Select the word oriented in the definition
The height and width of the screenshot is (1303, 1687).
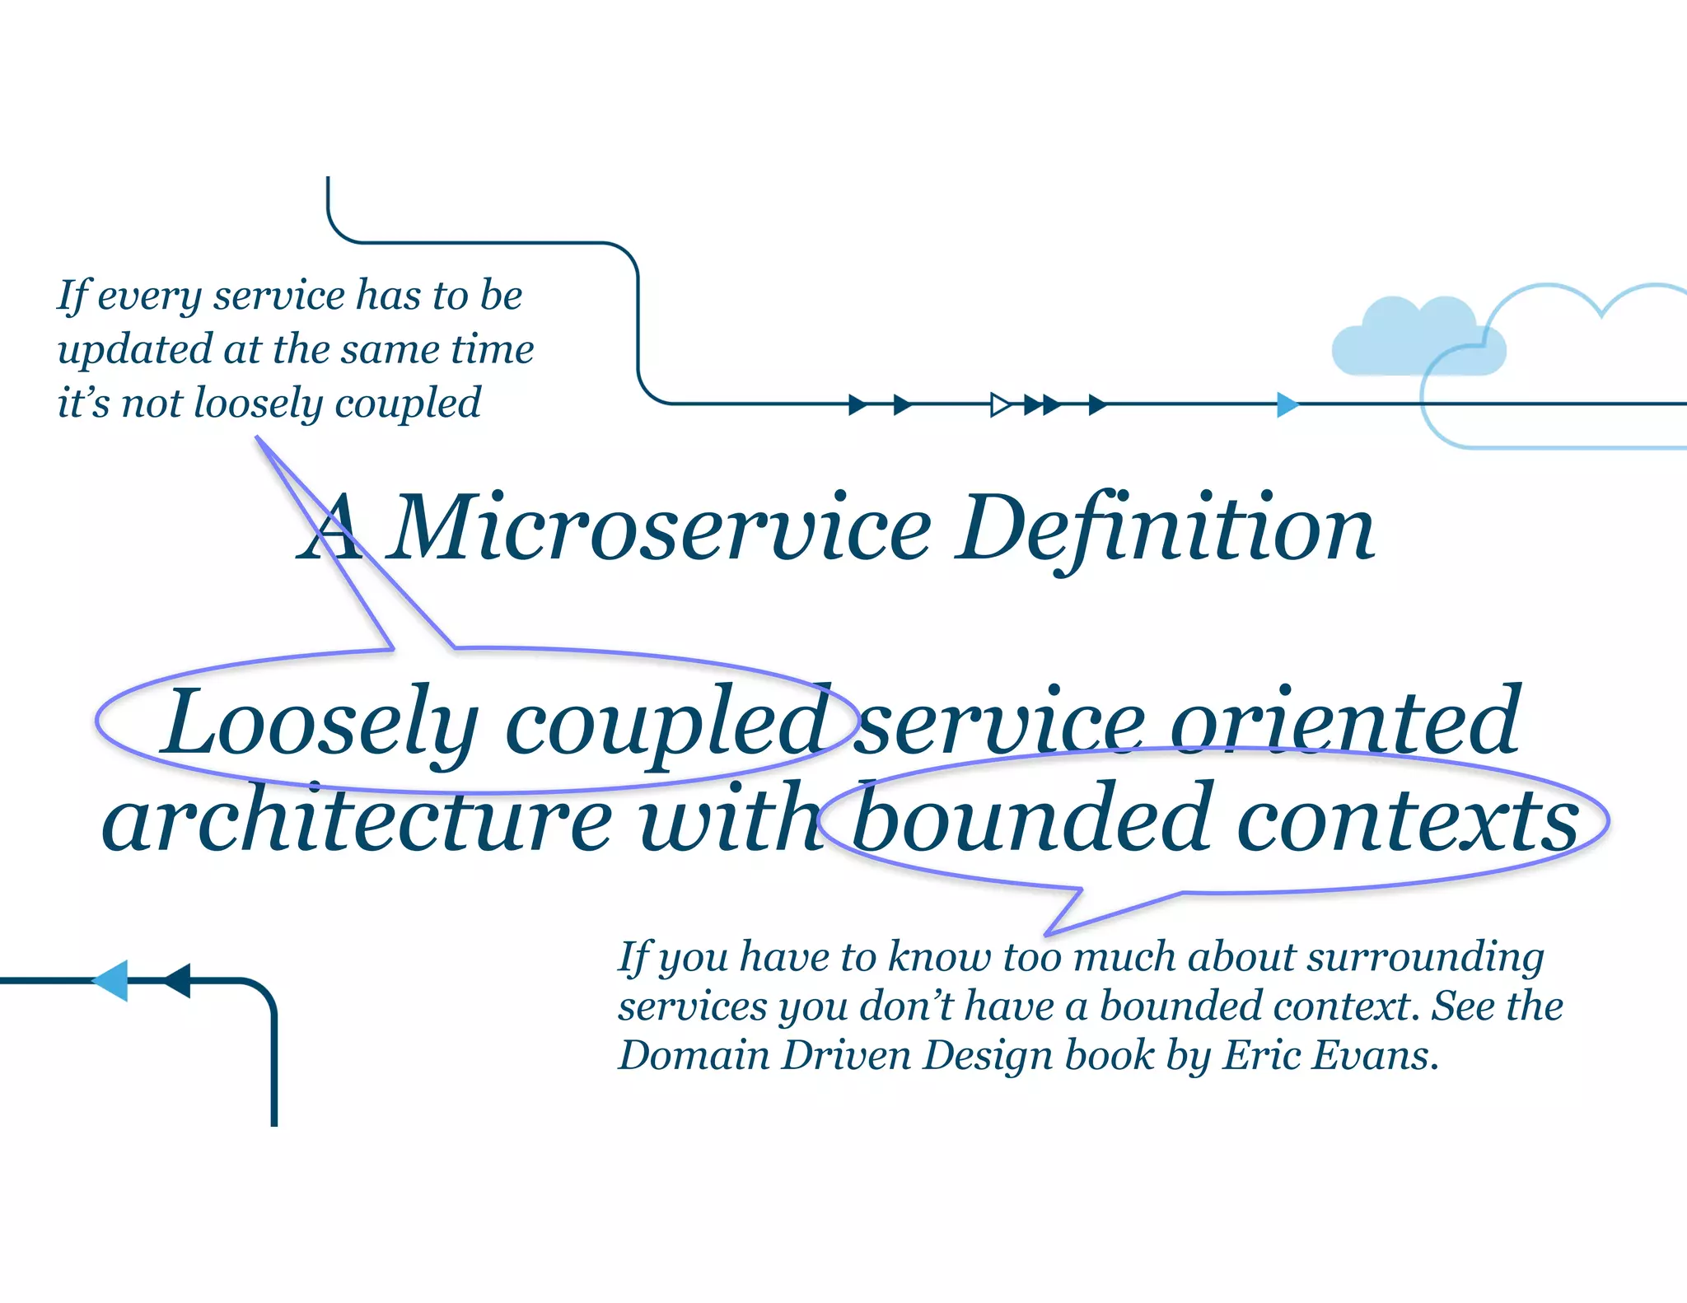click(1344, 722)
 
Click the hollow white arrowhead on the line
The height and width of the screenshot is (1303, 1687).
click(1000, 404)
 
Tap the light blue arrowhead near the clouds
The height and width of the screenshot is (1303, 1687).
click(1287, 404)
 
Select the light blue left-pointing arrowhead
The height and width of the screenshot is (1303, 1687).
click(112, 980)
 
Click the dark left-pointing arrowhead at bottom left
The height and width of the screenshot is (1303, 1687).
click(178, 980)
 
